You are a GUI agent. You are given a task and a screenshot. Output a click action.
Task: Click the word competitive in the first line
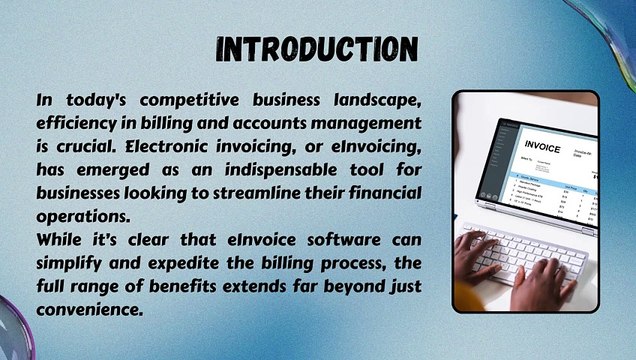191,101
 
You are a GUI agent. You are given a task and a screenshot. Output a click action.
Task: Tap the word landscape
382,101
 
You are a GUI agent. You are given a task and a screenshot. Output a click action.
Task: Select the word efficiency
78,123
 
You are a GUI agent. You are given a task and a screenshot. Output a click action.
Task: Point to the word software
322,240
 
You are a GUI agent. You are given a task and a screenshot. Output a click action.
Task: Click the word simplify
70,263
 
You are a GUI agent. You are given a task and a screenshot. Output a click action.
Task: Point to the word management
356,123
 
